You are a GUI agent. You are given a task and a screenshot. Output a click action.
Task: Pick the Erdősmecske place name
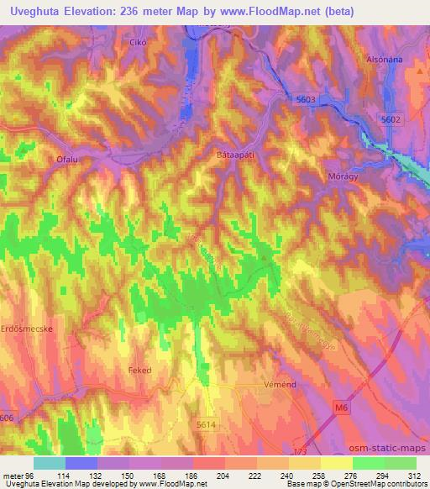pyautogui.click(x=28, y=329)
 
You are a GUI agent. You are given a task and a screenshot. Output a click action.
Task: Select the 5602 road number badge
pyautogui.click(x=391, y=119)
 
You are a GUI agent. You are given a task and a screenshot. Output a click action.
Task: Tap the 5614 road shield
pyautogui.click(x=206, y=426)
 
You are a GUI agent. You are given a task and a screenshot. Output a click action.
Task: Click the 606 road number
pyautogui.click(x=7, y=417)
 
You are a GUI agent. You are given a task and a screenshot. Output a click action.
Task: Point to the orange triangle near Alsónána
pyautogui.click(x=419, y=71)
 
